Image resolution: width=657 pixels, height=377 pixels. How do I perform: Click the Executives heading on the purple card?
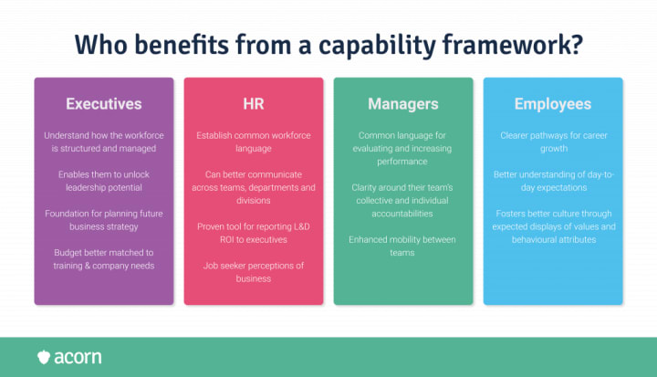click(104, 104)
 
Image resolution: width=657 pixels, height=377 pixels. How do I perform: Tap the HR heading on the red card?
click(254, 104)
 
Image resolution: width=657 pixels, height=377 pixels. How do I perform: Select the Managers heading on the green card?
click(403, 104)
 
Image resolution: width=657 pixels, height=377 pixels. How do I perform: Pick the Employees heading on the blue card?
click(553, 104)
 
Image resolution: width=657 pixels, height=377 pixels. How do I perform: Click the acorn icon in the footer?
click(44, 356)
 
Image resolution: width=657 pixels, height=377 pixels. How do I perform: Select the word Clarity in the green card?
click(367, 187)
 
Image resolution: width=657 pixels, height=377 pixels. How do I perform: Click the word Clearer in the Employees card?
click(517, 135)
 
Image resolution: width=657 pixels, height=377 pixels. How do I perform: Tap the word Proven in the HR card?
click(212, 225)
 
